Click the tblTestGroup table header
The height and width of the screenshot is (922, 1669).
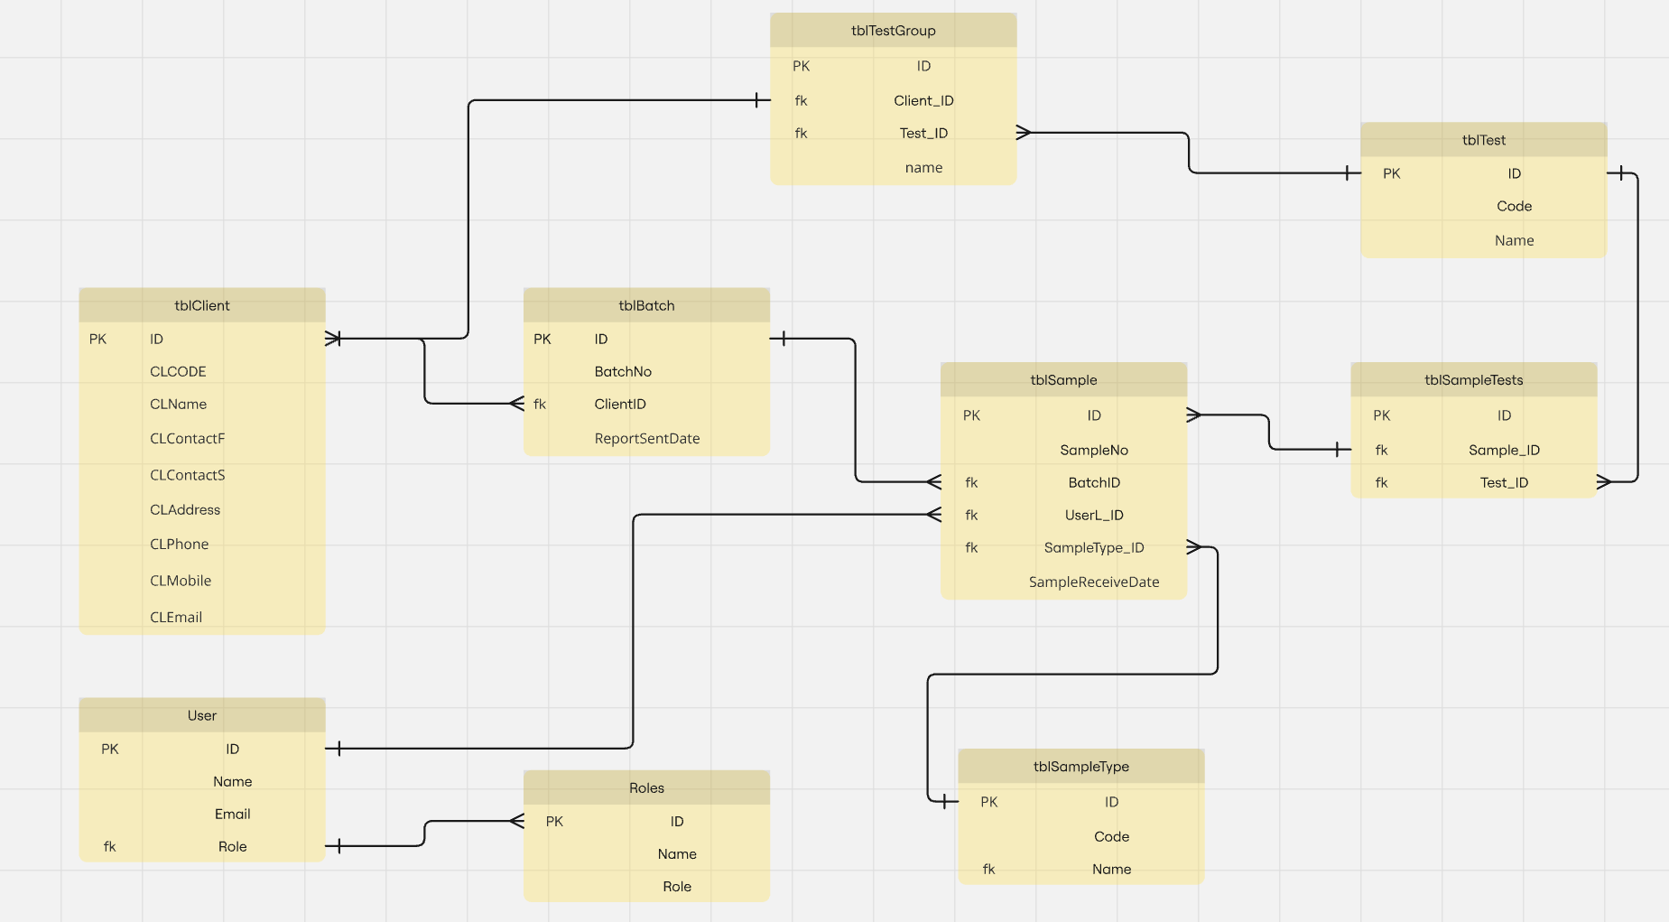coord(893,31)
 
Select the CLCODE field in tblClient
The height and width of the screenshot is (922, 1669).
coord(178,371)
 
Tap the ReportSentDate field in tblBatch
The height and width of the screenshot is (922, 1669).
coord(646,438)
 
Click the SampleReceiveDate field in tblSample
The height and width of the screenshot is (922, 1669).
coord(1093,582)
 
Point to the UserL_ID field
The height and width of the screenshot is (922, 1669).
coord(1093,515)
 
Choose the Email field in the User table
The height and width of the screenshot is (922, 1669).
coord(232,814)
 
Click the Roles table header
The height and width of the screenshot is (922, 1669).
coord(646,787)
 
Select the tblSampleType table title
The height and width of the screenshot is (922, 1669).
coord(1080,767)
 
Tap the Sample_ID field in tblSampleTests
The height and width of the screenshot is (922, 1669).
coord(1504,450)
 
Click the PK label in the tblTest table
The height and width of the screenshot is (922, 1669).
coord(1391,173)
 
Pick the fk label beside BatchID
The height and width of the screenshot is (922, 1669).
coord(971,482)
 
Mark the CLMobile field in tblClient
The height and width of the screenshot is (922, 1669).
coord(181,581)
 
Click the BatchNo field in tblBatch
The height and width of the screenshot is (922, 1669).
coord(623,371)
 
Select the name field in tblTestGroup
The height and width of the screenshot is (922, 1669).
coord(923,167)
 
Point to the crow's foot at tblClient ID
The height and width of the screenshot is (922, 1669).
coord(333,339)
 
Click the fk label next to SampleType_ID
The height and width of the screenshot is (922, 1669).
coord(971,547)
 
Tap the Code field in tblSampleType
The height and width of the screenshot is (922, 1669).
coord(1111,836)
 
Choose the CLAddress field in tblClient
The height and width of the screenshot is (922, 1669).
coord(185,509)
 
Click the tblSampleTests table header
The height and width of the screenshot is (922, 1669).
coord(1473,380)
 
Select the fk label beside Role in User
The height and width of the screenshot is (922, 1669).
coord(109,846)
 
